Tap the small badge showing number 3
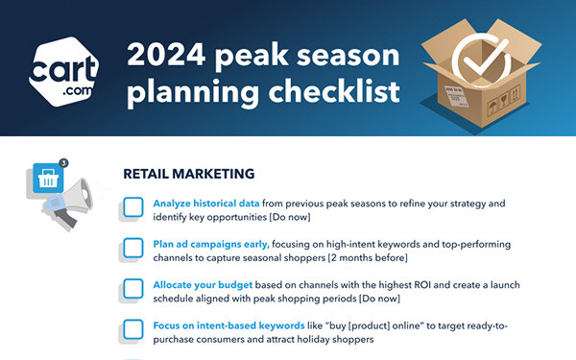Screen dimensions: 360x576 pos(62,163)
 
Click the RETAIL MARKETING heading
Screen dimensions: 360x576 pos(189,175)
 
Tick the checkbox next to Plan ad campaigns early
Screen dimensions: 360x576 pos(133,250)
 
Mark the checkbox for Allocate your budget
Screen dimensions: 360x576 pos(133,291)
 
